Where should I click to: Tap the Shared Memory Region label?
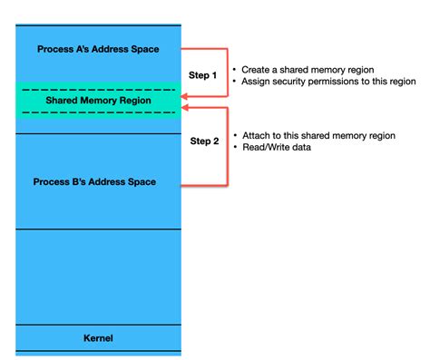pos(98,102)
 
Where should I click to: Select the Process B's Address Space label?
pos(94,182)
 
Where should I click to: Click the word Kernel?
pos(98,338)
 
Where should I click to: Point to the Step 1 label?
pos(203,75)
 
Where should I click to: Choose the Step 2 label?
pos(203,141)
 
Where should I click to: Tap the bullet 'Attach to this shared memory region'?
pos(318,135)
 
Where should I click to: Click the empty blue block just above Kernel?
pos(98,277)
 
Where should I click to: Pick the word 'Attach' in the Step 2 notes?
pos(257,135)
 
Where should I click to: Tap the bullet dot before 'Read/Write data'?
pos(235,148)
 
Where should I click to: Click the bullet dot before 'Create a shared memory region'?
pos(235,69)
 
